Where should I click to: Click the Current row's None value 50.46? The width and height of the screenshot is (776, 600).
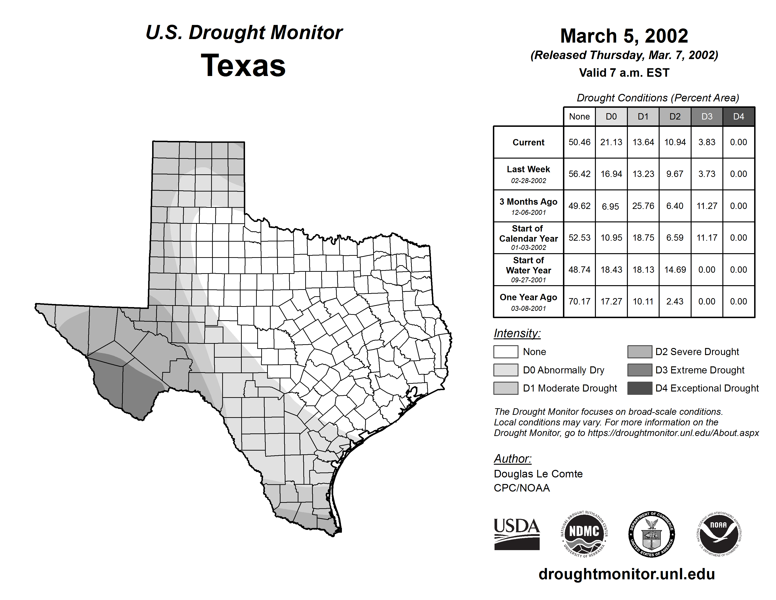click(579, 142)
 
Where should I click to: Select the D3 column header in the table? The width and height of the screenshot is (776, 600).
click(707, 116)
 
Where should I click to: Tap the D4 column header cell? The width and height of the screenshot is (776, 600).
click(738, 116)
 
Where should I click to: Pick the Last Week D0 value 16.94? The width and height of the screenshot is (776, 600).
click(611, 174)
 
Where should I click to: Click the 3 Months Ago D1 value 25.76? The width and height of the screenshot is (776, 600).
click(643, 206)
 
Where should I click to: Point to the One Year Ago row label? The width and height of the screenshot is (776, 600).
click(528, 301)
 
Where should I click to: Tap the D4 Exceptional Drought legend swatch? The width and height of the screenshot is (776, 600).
click(640, 388)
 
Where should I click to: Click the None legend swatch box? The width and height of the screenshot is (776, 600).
click(506, 352)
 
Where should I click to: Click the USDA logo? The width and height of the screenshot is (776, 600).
click(517, 534)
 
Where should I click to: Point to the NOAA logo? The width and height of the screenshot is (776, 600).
click(719, 534)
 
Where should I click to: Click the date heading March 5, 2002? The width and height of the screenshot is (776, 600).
click(624, 36)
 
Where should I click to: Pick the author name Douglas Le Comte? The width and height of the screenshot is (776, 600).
click(538, 474)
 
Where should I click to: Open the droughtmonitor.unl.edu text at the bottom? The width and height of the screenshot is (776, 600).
click(627, 574)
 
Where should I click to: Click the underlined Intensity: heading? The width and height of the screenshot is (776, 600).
click(517, 333)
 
